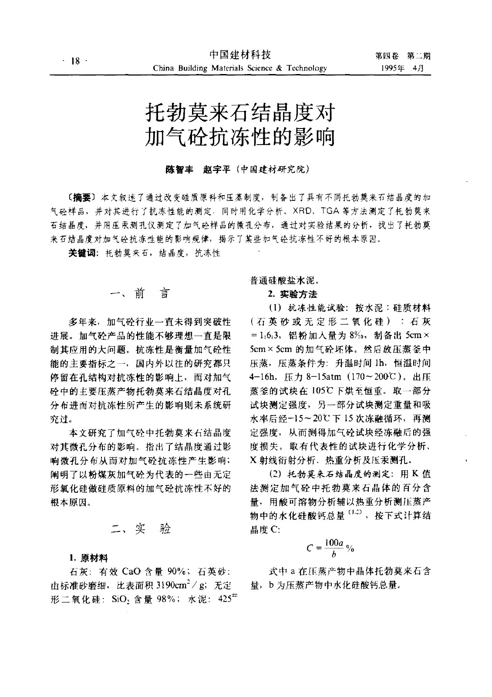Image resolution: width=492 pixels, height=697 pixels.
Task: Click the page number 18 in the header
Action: pyautogui.click(x=74, y=62)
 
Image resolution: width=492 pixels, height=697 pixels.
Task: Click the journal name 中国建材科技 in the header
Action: pyautogui.click(x=240, y=55)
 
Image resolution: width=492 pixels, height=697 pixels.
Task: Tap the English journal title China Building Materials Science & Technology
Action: pyautogui.click(x=240, y=68)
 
